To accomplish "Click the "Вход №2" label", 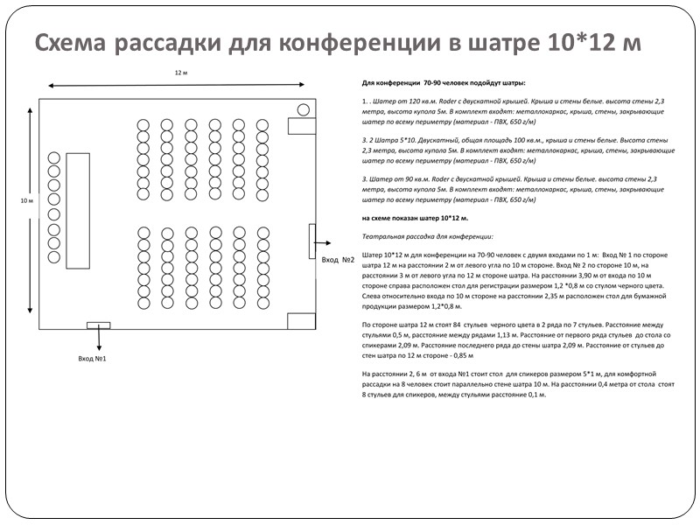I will (x=337, y=260).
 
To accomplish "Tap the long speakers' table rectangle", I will (x=78, y=210).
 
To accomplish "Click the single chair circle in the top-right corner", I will (x=303, y=109).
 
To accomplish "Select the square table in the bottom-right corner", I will (x=300, y=321).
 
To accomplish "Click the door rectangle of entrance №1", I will (x=98, y=325).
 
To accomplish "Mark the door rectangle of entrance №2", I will (x=312, y=241).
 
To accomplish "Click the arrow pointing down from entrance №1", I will (x=98, y=339).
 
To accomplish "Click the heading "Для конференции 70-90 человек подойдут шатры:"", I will (x=444, y=82).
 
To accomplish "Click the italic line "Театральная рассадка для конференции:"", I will (x=427, y=236).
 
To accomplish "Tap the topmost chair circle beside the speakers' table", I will (x=54, y=157).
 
